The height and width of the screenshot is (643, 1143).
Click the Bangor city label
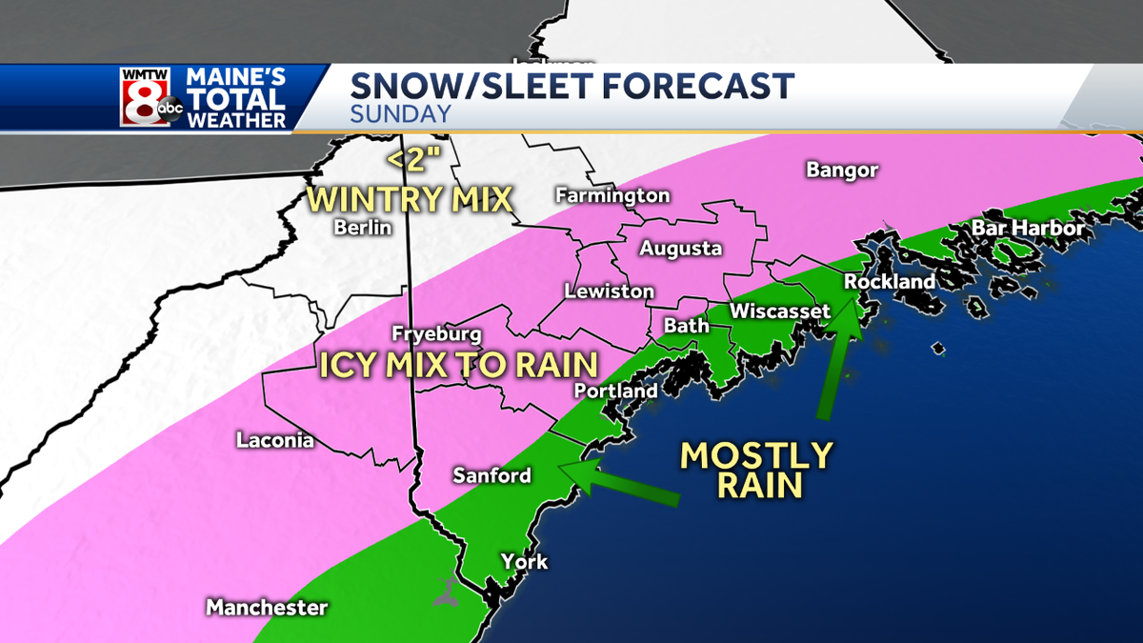(x=842, y=171)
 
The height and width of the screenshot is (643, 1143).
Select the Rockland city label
(x=890, y=283)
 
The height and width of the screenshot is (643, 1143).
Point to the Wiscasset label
(x=780, y=311)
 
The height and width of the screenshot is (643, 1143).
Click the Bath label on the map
(x=686, y=326)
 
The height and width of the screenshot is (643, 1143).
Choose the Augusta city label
(x=680, y=250)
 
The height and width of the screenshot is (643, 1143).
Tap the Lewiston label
(x=609, y=291)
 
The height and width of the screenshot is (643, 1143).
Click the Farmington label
(x=612, y=196)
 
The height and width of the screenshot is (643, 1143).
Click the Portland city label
(x=615, y=392)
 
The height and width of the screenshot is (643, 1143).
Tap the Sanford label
(x=491, y=475)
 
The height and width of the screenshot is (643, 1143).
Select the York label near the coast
(x=525, y=562)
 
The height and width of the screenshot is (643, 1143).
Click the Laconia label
(x=275, y=441)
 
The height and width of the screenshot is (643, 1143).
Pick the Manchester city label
(x=267, y=608)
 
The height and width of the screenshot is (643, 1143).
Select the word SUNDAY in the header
(x=400, y=115)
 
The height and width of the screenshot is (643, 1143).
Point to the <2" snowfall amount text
(x=409, y=159)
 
